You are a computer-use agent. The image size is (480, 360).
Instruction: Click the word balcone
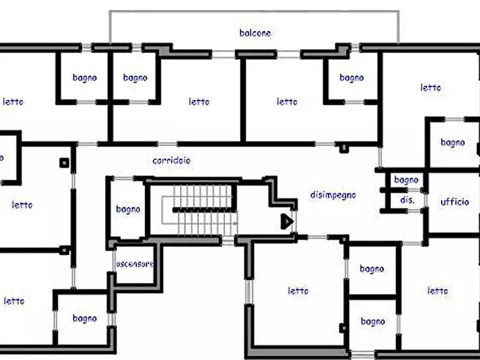(255, 33)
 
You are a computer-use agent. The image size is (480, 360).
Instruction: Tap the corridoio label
(171, 161)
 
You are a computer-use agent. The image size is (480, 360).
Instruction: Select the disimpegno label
(333, 195)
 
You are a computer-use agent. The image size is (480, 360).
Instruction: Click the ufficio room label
(455, 201)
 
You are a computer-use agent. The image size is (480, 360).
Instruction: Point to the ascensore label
(135, 264)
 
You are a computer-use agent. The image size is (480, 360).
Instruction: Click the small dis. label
(407, 200)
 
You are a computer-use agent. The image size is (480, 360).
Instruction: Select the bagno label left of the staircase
(128, 210)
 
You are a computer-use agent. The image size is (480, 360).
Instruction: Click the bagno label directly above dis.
(406, 180)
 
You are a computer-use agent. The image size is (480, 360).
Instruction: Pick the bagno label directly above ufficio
(453, 142)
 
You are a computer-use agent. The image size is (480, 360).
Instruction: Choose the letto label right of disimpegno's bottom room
(438, 290)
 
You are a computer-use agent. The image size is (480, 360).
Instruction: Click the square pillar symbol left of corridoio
(64, 163)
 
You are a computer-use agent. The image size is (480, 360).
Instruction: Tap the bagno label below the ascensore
(85, 319)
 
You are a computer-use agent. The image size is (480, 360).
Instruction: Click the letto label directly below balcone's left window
(199, 102)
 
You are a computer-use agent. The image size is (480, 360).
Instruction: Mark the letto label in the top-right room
(431, 88)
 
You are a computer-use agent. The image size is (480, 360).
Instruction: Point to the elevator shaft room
(135, 264)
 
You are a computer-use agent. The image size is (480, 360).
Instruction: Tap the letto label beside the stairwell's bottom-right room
(298, 290)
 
